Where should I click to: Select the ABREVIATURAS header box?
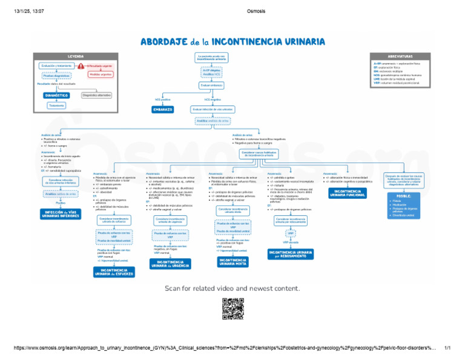(402, 55)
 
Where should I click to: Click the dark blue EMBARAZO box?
(163, 110)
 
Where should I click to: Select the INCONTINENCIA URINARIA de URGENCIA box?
(170, 263)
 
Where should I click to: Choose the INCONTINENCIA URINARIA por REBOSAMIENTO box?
(290, 254)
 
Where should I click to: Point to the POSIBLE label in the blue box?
(404, 196)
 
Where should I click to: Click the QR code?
(232, 309)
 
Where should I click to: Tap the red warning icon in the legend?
(81, 65)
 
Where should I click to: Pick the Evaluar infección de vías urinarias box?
(212, 110)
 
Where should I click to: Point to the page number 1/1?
(448, 348)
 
